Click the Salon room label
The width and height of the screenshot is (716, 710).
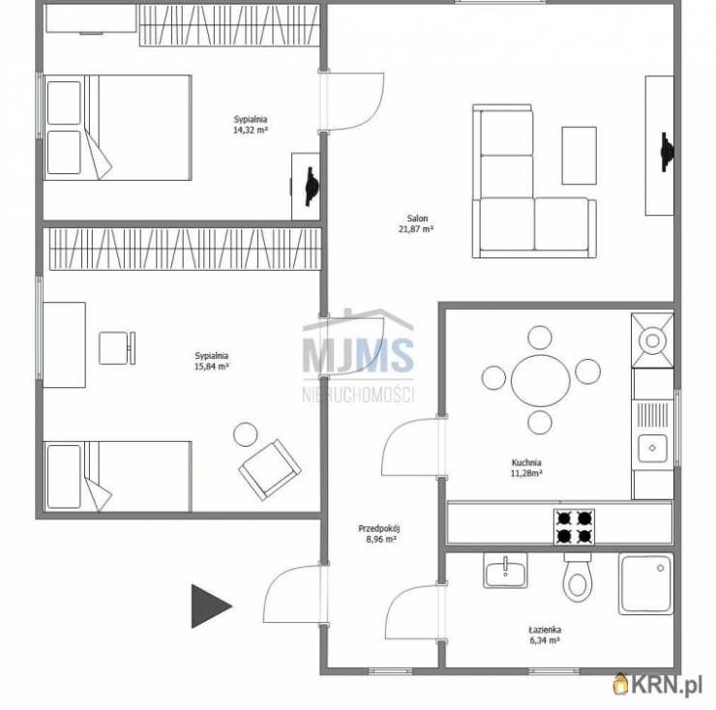[x=417, y=219]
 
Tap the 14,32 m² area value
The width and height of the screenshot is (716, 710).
[x=251, y=131]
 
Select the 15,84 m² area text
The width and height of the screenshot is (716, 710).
[x=212, y=367]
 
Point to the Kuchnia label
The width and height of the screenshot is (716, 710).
[x=526, y=462]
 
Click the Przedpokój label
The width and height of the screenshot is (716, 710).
[x=379, y=529]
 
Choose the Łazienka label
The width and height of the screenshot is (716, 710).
[x=545, y=630]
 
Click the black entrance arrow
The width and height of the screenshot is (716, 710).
[x=211, y=606]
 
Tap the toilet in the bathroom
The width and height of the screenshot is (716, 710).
[x=578, y=577]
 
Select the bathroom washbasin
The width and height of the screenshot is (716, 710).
[x=505, y=571]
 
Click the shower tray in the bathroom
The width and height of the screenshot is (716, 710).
[x=645, y=584]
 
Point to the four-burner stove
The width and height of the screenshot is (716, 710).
[x=574, y=527]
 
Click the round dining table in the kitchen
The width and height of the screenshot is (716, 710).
[x=541, y=380]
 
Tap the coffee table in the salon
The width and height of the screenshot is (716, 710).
[x=579, y=156]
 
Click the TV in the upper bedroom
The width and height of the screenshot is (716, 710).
[x=312, y=187]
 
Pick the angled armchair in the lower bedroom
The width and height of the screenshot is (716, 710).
[x=269, y=470]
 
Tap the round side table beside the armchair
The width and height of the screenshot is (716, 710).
[x=245, y=434]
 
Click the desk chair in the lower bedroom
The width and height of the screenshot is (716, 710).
[x=117, y=348]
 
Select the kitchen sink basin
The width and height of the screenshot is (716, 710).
[x=652, y=449]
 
